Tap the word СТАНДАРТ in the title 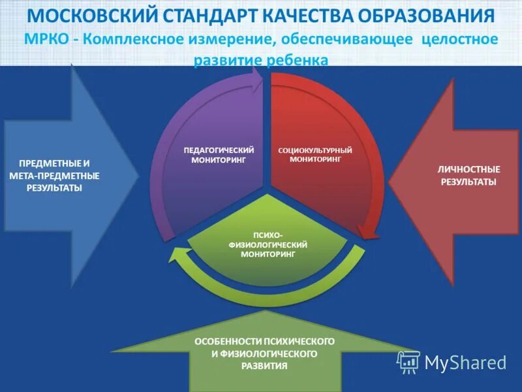coord(211,16)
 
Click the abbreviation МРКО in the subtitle coord(45,39)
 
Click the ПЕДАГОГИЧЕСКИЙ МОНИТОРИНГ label coord(219,155)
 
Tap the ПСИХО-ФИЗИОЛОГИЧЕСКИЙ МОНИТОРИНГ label coord(268,244)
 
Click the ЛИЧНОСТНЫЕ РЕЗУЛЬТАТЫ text coord(468,175)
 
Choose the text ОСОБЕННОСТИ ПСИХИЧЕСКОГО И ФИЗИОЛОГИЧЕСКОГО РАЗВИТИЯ coord(264,353)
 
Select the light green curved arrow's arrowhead coord(177,256)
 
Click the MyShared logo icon coord(408,362)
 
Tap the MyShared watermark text coord(465,362)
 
